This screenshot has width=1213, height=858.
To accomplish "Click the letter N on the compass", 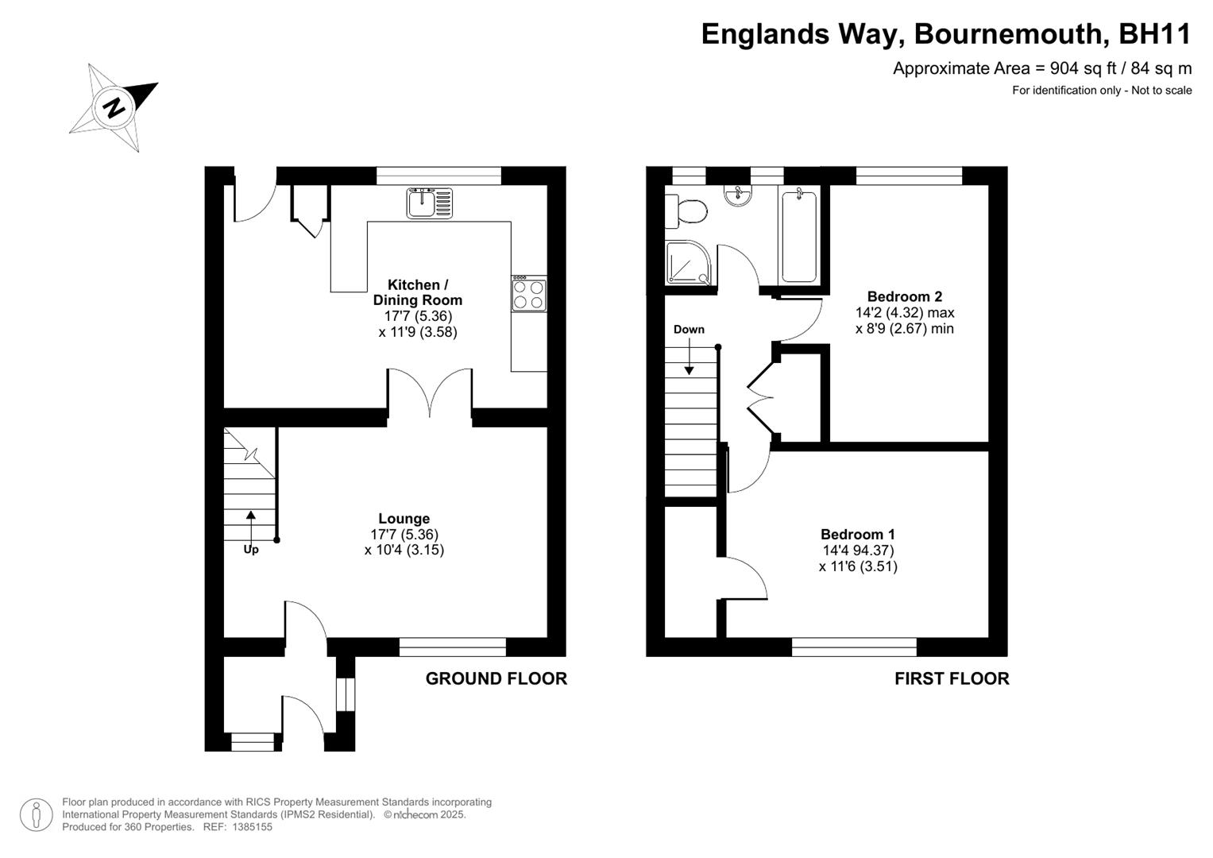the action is click(x=114, y=108).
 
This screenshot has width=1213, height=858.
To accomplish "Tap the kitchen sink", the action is click(x=430, y=203).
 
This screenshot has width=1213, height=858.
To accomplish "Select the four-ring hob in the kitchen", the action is click(x=529, y=294).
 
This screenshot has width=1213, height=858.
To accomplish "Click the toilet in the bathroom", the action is click(x=686, y=211).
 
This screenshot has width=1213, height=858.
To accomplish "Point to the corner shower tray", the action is click(x=689, y=262).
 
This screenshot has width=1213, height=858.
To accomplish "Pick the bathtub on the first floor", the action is click(x=799, y=236).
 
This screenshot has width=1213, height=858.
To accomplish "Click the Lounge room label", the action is click(x=404, y=518).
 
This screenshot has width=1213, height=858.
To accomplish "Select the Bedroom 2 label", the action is click(x=904, y=296).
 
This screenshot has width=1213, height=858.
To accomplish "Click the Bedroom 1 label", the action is click(x=858, y=534).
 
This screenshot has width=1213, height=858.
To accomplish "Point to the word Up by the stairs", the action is click(x=251, y=549).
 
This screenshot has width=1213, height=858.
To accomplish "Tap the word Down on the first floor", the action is click(x=689, y=330).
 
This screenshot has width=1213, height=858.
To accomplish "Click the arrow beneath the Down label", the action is click(x=689, y=357).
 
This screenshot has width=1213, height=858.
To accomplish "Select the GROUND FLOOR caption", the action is click(x=496, y=678).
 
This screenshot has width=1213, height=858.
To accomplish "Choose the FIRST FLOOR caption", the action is click(x=952, y=678).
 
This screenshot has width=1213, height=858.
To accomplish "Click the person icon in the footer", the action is click(x=36, y=814).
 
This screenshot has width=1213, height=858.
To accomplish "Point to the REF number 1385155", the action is click(x=252, y=827).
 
